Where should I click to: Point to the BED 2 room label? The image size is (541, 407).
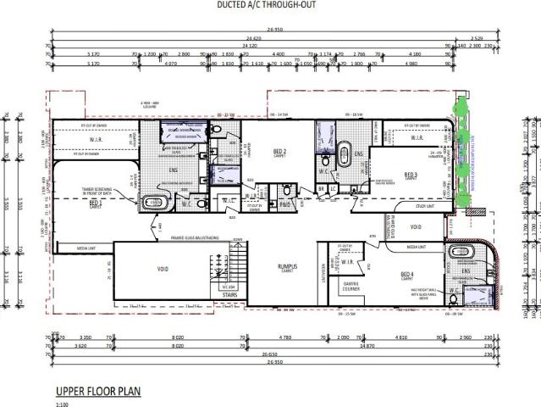pos(280,153)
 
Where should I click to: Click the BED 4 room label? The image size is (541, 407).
pos(406,274)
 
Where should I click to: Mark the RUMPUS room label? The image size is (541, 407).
pos(290,266)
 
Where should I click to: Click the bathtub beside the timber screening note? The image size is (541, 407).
pos(154,202)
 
